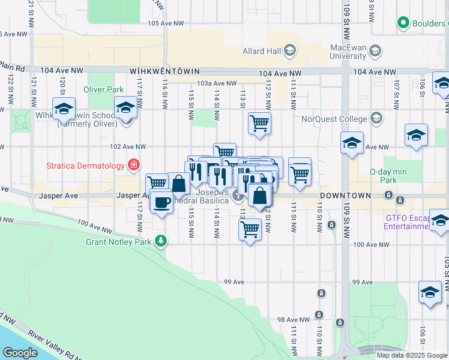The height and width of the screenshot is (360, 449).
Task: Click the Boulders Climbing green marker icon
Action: (x=403, y=24)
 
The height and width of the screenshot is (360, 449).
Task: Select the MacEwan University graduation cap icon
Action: (x=376, y=50)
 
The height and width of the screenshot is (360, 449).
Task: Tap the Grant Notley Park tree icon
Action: (x=160, y=241)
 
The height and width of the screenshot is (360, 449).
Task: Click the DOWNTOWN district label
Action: (x=345, y=196)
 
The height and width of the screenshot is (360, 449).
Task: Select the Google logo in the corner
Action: (x=20, y=353)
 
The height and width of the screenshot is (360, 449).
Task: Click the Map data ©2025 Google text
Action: (x=411, y=355)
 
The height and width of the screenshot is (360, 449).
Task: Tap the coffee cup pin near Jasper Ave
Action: (x=160, y=202)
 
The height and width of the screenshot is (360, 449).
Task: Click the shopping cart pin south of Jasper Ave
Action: (x=250, y=228)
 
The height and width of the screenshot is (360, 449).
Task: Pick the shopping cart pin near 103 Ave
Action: (x=259, y=124)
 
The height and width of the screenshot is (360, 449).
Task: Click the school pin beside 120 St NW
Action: (x=64, y=109)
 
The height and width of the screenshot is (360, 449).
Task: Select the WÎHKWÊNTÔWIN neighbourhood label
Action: (x=172, y=71)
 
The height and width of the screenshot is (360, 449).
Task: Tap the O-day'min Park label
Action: (x=385, y=175)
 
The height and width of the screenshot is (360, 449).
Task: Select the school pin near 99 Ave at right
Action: (x=430, y=292)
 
